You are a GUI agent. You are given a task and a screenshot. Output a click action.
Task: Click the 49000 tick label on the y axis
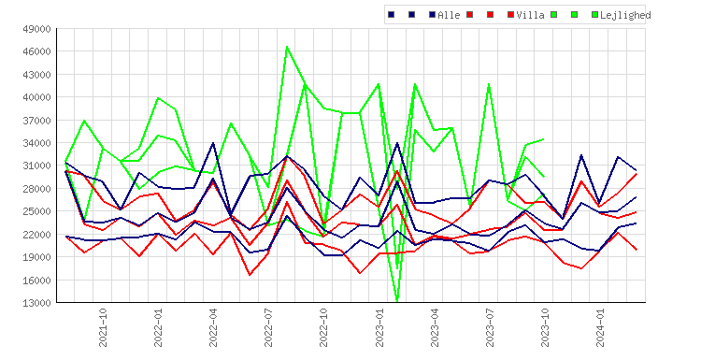(x=36, y=29)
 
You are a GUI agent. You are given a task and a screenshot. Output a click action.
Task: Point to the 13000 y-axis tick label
(x=36, y=303)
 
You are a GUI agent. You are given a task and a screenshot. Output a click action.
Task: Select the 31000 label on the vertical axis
(x=36, y=166)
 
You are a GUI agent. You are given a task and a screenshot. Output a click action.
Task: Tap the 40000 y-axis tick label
(x=36, y=97)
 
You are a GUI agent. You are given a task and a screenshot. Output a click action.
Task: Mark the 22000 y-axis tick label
(x=36, y=235)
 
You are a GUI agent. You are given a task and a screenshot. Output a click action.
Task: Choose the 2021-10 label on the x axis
(x=103, y=327)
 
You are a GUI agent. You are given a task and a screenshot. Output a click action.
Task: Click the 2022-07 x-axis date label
(x=268, y=327)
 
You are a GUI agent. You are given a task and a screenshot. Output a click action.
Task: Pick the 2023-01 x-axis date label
(x=379, y=327)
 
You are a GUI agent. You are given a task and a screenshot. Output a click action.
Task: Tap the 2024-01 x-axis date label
(x=600, y=327)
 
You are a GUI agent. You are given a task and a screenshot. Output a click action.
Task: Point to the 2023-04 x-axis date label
(x=435, y=327)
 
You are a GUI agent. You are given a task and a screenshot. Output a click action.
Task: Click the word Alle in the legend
(x=449, y=15)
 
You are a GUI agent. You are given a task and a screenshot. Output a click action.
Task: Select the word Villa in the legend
(x=530, y=15)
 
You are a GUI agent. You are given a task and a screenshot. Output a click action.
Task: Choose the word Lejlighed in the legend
(x=625, y=15)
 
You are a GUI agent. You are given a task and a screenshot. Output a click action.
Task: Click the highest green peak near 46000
(x=287, y=47)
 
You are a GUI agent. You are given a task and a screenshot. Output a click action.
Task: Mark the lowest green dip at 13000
(x=397, y=301)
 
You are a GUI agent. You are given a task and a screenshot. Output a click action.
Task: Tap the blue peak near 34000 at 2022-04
(x=213, y=143)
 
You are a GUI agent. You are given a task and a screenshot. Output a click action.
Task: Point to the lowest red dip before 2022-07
(x=250, y=275)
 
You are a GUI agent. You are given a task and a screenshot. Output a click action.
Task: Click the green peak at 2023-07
(x=489, y=84)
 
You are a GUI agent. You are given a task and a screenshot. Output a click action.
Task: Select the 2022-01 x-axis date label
(x=158, y=327)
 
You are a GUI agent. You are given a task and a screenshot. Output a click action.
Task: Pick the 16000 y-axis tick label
(x=36, y=280)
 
